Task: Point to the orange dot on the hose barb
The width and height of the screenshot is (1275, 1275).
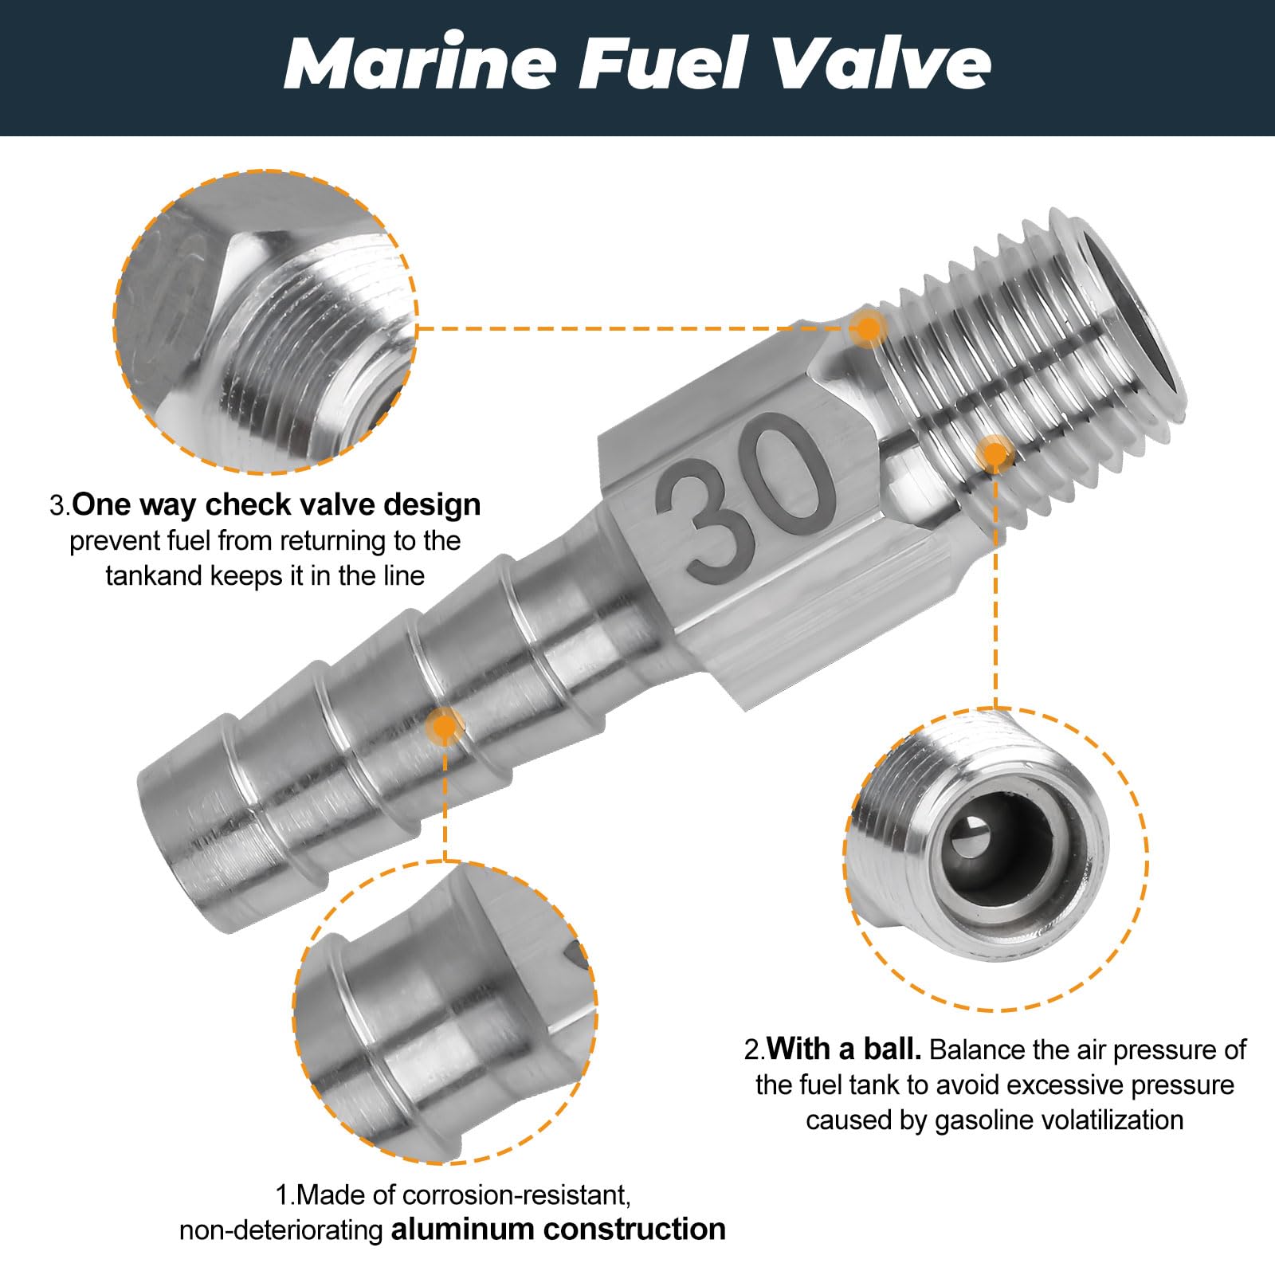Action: point(444,725)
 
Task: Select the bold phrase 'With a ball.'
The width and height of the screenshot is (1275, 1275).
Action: point(844,1049)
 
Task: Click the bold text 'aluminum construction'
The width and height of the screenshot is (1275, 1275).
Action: point(558,1230)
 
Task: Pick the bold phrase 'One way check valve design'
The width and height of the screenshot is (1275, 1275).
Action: point(277,505)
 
